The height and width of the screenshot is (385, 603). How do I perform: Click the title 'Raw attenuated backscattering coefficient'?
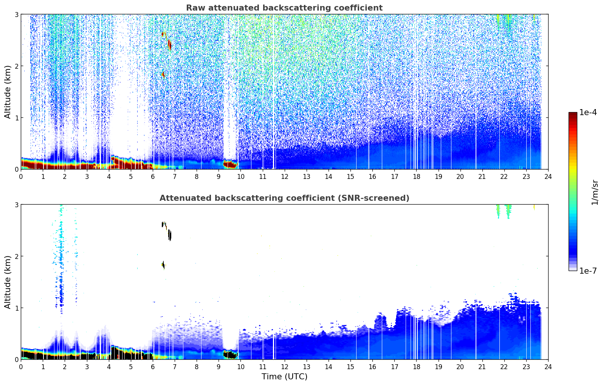click(284, 8)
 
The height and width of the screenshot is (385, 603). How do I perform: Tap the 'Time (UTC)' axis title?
click(284, 376)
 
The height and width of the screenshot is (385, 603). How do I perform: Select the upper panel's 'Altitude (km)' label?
click(8, 92)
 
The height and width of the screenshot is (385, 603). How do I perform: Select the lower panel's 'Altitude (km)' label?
click(8, 282)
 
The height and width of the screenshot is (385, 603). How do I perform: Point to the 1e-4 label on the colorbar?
click(588, 112)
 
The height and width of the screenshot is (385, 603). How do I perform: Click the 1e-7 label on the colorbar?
click(588, 271)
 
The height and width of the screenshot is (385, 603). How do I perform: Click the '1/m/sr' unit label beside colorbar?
click(595, 192)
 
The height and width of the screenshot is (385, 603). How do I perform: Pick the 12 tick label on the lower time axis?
click(284, 367)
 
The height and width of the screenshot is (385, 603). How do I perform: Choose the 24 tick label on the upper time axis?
click(548, 176)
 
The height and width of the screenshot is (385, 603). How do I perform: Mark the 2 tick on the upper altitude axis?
click(16, 66)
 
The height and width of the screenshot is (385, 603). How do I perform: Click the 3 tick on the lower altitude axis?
click(16, 205)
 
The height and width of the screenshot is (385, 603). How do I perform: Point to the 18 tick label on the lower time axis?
click(416, 367)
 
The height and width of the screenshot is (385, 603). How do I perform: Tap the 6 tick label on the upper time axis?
click(153, 176)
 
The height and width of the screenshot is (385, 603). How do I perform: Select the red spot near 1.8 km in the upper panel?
click(163, 75)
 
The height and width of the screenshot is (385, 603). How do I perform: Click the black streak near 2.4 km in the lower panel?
click(170, 235)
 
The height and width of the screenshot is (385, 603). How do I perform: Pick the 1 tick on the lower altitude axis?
click(16, 308)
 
